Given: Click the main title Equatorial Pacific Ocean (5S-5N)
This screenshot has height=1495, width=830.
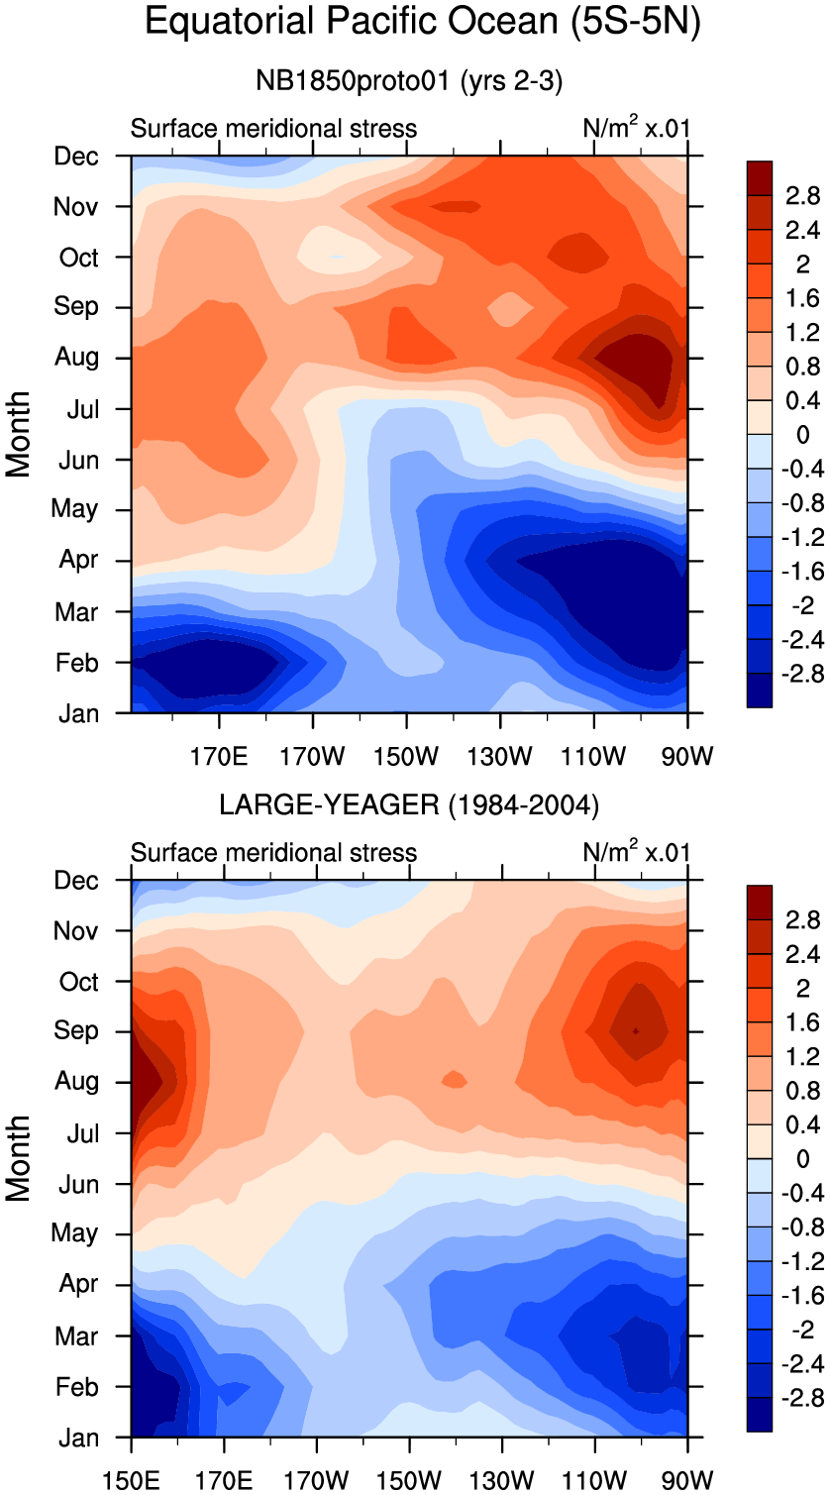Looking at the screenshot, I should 423,22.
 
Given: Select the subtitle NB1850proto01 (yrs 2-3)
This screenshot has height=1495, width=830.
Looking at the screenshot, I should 409,82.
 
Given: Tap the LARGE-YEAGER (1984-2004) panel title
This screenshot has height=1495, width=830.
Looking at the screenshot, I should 409,806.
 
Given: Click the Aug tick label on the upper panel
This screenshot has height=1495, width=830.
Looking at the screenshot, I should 77,357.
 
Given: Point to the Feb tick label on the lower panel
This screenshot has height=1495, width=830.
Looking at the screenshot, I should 77,1387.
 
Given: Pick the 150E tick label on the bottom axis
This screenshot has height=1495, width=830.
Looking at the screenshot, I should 131,1481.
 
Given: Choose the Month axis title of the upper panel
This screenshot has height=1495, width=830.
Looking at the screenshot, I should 20,434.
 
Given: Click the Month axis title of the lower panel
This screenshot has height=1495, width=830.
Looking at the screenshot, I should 20,1158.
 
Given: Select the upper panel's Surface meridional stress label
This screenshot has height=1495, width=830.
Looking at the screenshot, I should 274,129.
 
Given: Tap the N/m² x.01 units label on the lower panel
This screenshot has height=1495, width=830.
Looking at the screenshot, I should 637,852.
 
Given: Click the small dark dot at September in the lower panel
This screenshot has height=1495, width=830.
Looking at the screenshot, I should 636,1031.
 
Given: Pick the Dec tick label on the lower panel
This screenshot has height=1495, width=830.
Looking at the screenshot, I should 77,881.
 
